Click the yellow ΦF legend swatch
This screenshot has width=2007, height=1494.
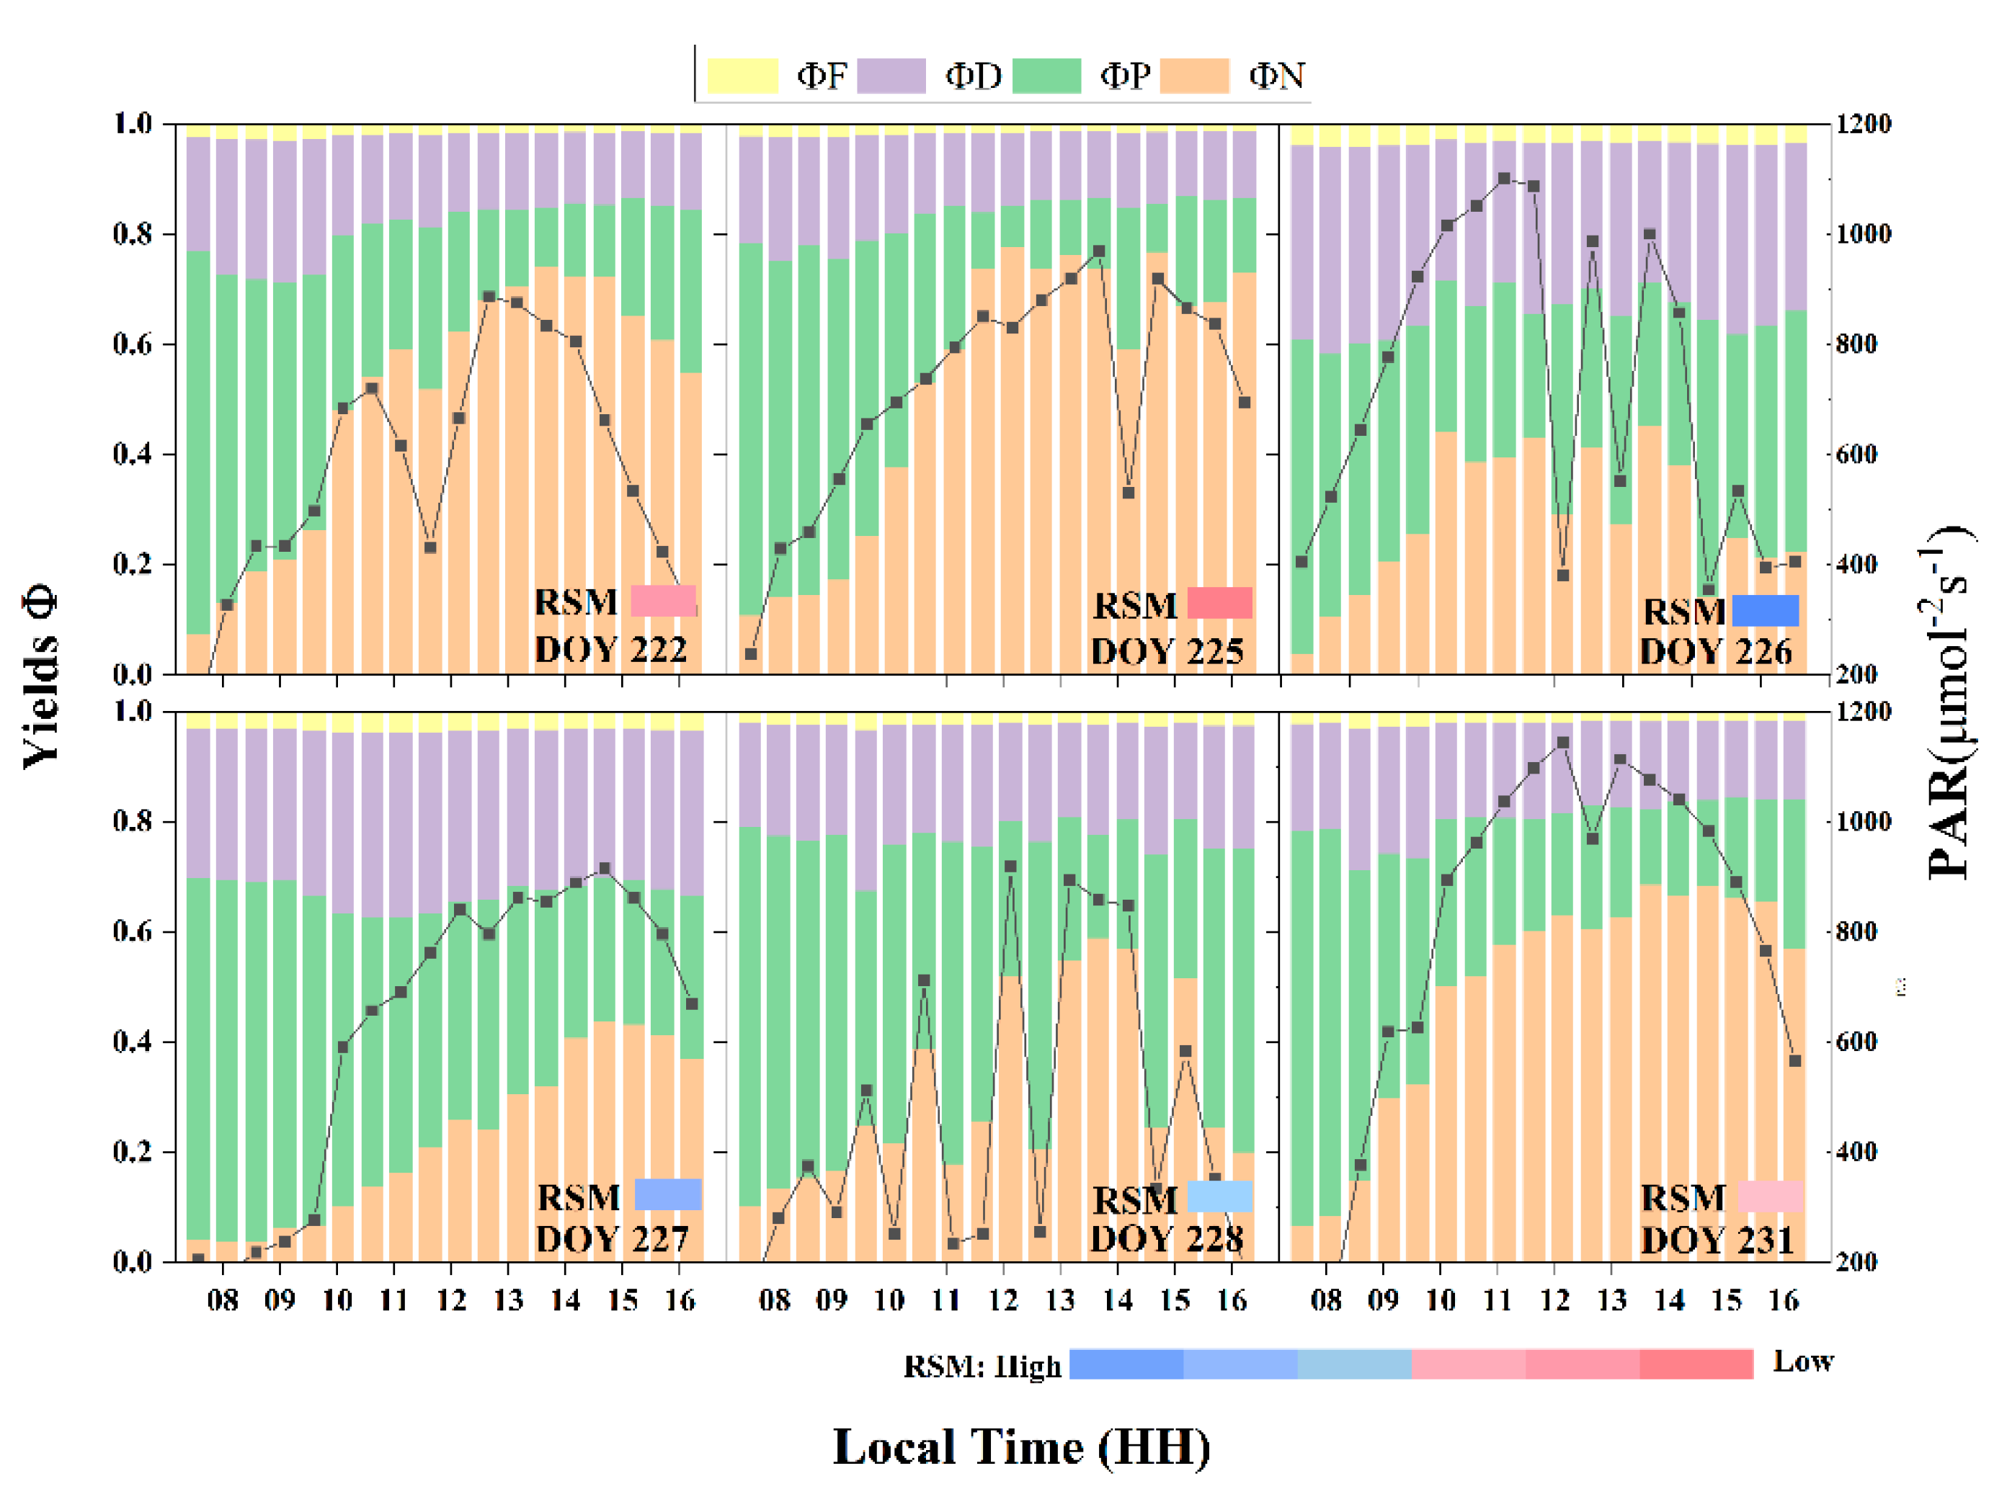coord(742,76)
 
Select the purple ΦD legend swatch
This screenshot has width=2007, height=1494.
coord(891,76)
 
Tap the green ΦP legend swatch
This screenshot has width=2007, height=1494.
coord(1046,76)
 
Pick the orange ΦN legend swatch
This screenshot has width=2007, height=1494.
coord(1194,76)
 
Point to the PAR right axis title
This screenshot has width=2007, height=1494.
coord(1949,701)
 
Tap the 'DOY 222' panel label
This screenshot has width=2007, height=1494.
coord(610,649)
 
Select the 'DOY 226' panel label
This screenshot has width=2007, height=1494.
coord(1715,651)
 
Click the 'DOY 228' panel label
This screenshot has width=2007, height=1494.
coord(1166,1238)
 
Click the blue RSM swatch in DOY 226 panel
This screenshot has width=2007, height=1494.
coord(1765,610)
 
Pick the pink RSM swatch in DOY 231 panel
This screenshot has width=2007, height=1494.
coord(1769,1196)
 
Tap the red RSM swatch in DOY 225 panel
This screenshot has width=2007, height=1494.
coord(1219,602)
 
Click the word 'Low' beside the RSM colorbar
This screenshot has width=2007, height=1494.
coord(1802,1361)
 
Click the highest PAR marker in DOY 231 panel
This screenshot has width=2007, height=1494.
coord(1562,743)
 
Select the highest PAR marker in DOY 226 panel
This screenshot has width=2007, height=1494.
coord(1504,179)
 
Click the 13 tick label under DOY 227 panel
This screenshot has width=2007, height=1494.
coord(508,1300)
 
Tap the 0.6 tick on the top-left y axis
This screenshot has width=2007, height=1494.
coord(132,344)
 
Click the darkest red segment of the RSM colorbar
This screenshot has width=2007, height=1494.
coord(1696,1363)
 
